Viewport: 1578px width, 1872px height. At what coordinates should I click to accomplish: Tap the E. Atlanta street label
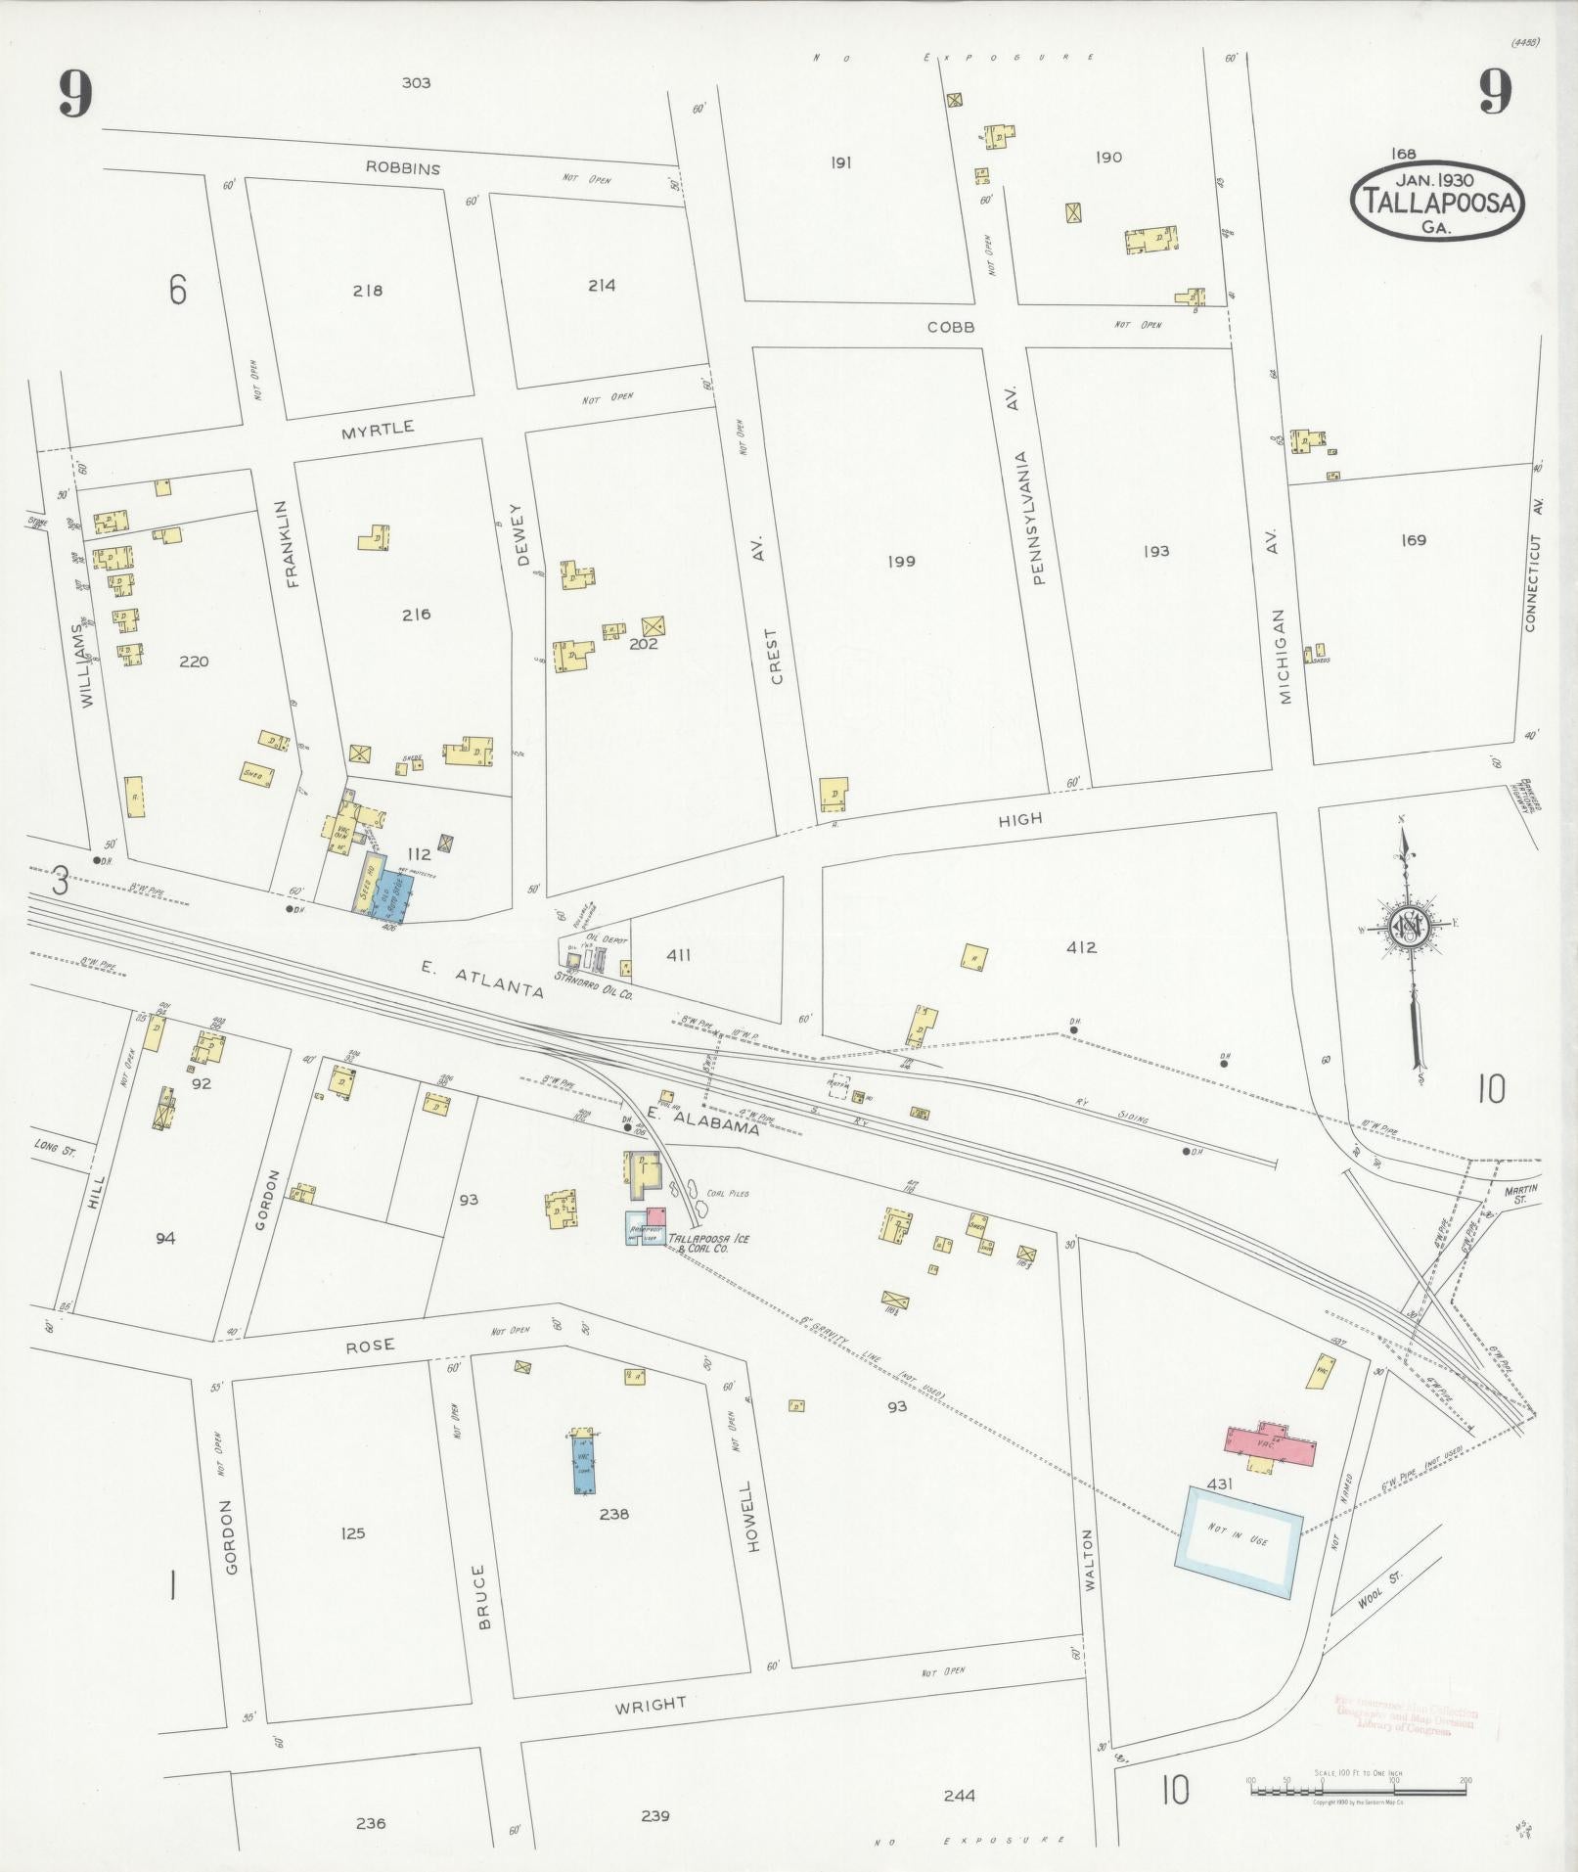[482, 979]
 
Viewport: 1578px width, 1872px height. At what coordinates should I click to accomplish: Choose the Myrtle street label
[378, 429]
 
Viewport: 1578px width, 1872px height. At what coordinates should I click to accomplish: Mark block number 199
[901, 561]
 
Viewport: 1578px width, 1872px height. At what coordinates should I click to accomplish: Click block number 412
[1081, 947]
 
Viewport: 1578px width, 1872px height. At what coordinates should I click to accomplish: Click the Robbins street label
[403, 168]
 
